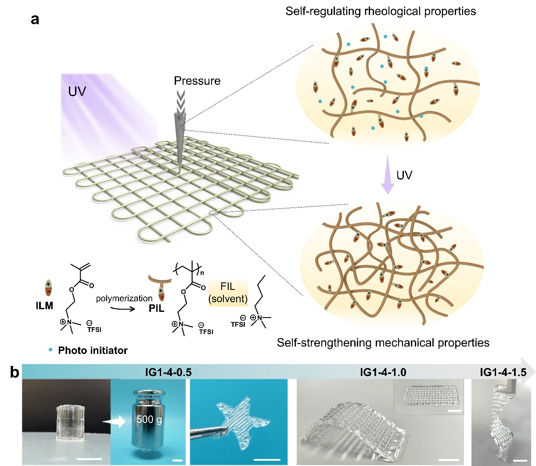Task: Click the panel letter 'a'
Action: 35,19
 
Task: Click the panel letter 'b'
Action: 14,372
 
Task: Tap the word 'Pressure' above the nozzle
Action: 197,81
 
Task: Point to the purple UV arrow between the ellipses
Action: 388,175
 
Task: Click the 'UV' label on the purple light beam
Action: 77,91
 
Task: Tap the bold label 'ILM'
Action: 44,306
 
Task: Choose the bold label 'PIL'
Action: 156,308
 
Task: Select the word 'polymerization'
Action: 124,298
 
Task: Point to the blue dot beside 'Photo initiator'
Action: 50,349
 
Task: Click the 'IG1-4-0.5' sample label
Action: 168,372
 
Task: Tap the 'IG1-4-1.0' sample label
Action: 383,372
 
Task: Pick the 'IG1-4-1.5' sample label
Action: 503,372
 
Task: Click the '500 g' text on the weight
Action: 149,419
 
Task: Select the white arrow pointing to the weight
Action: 115,421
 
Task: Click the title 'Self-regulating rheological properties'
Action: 381,11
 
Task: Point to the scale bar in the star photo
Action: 267,459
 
